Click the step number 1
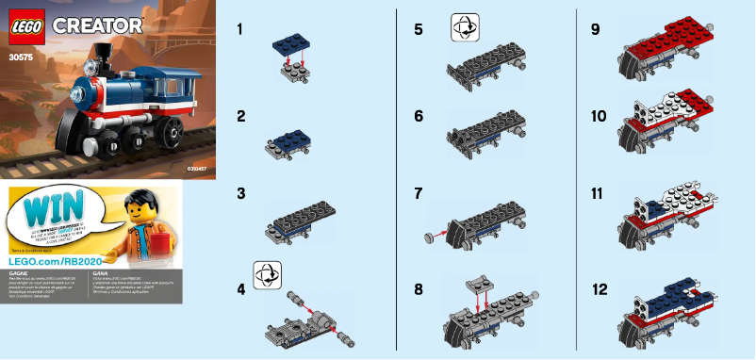pyautogui.click(x=241, y=29)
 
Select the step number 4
pyautogui.click(x=242, y=289)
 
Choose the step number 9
pyautogui.click(x=596, y=29)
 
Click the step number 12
pyautogui.click(x=599, y=289)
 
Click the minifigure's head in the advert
pyautogui.click(x=140, y=205)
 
